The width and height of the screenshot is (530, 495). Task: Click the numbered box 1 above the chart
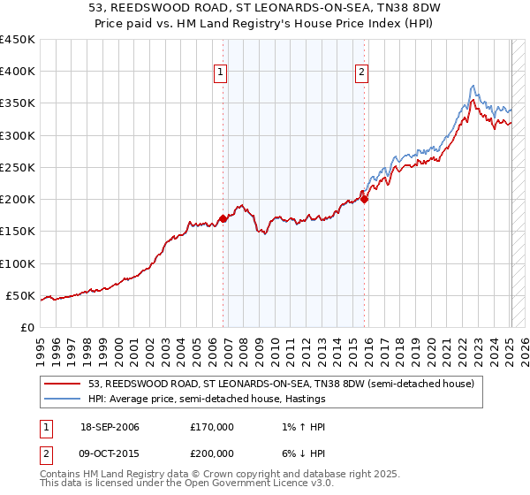click(220, 73)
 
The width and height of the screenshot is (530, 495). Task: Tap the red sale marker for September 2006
click(223, 218)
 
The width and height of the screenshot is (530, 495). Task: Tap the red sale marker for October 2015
click(365, 199)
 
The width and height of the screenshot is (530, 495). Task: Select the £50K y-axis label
click(21, 295)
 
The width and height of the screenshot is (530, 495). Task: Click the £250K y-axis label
click(18, 167)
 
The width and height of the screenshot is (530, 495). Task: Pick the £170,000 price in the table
click(212, 427)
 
